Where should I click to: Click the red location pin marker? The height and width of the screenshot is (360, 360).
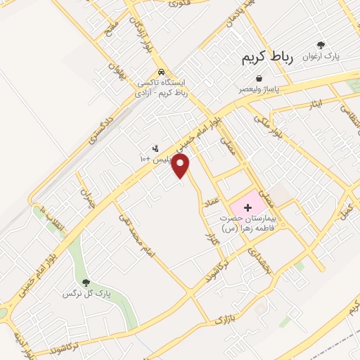click(181, 166)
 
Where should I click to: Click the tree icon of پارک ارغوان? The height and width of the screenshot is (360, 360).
click(321, 44)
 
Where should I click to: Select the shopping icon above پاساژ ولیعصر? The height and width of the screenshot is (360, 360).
click(259, 78)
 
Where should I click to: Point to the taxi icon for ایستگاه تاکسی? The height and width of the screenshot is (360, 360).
click(161, 72)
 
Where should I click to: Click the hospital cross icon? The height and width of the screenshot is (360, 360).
click(247, 207)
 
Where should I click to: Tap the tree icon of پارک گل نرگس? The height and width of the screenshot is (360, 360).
click(86, 283)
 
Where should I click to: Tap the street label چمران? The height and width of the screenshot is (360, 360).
click(86, 191)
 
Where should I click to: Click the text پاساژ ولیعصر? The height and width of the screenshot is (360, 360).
click(257, 89)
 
